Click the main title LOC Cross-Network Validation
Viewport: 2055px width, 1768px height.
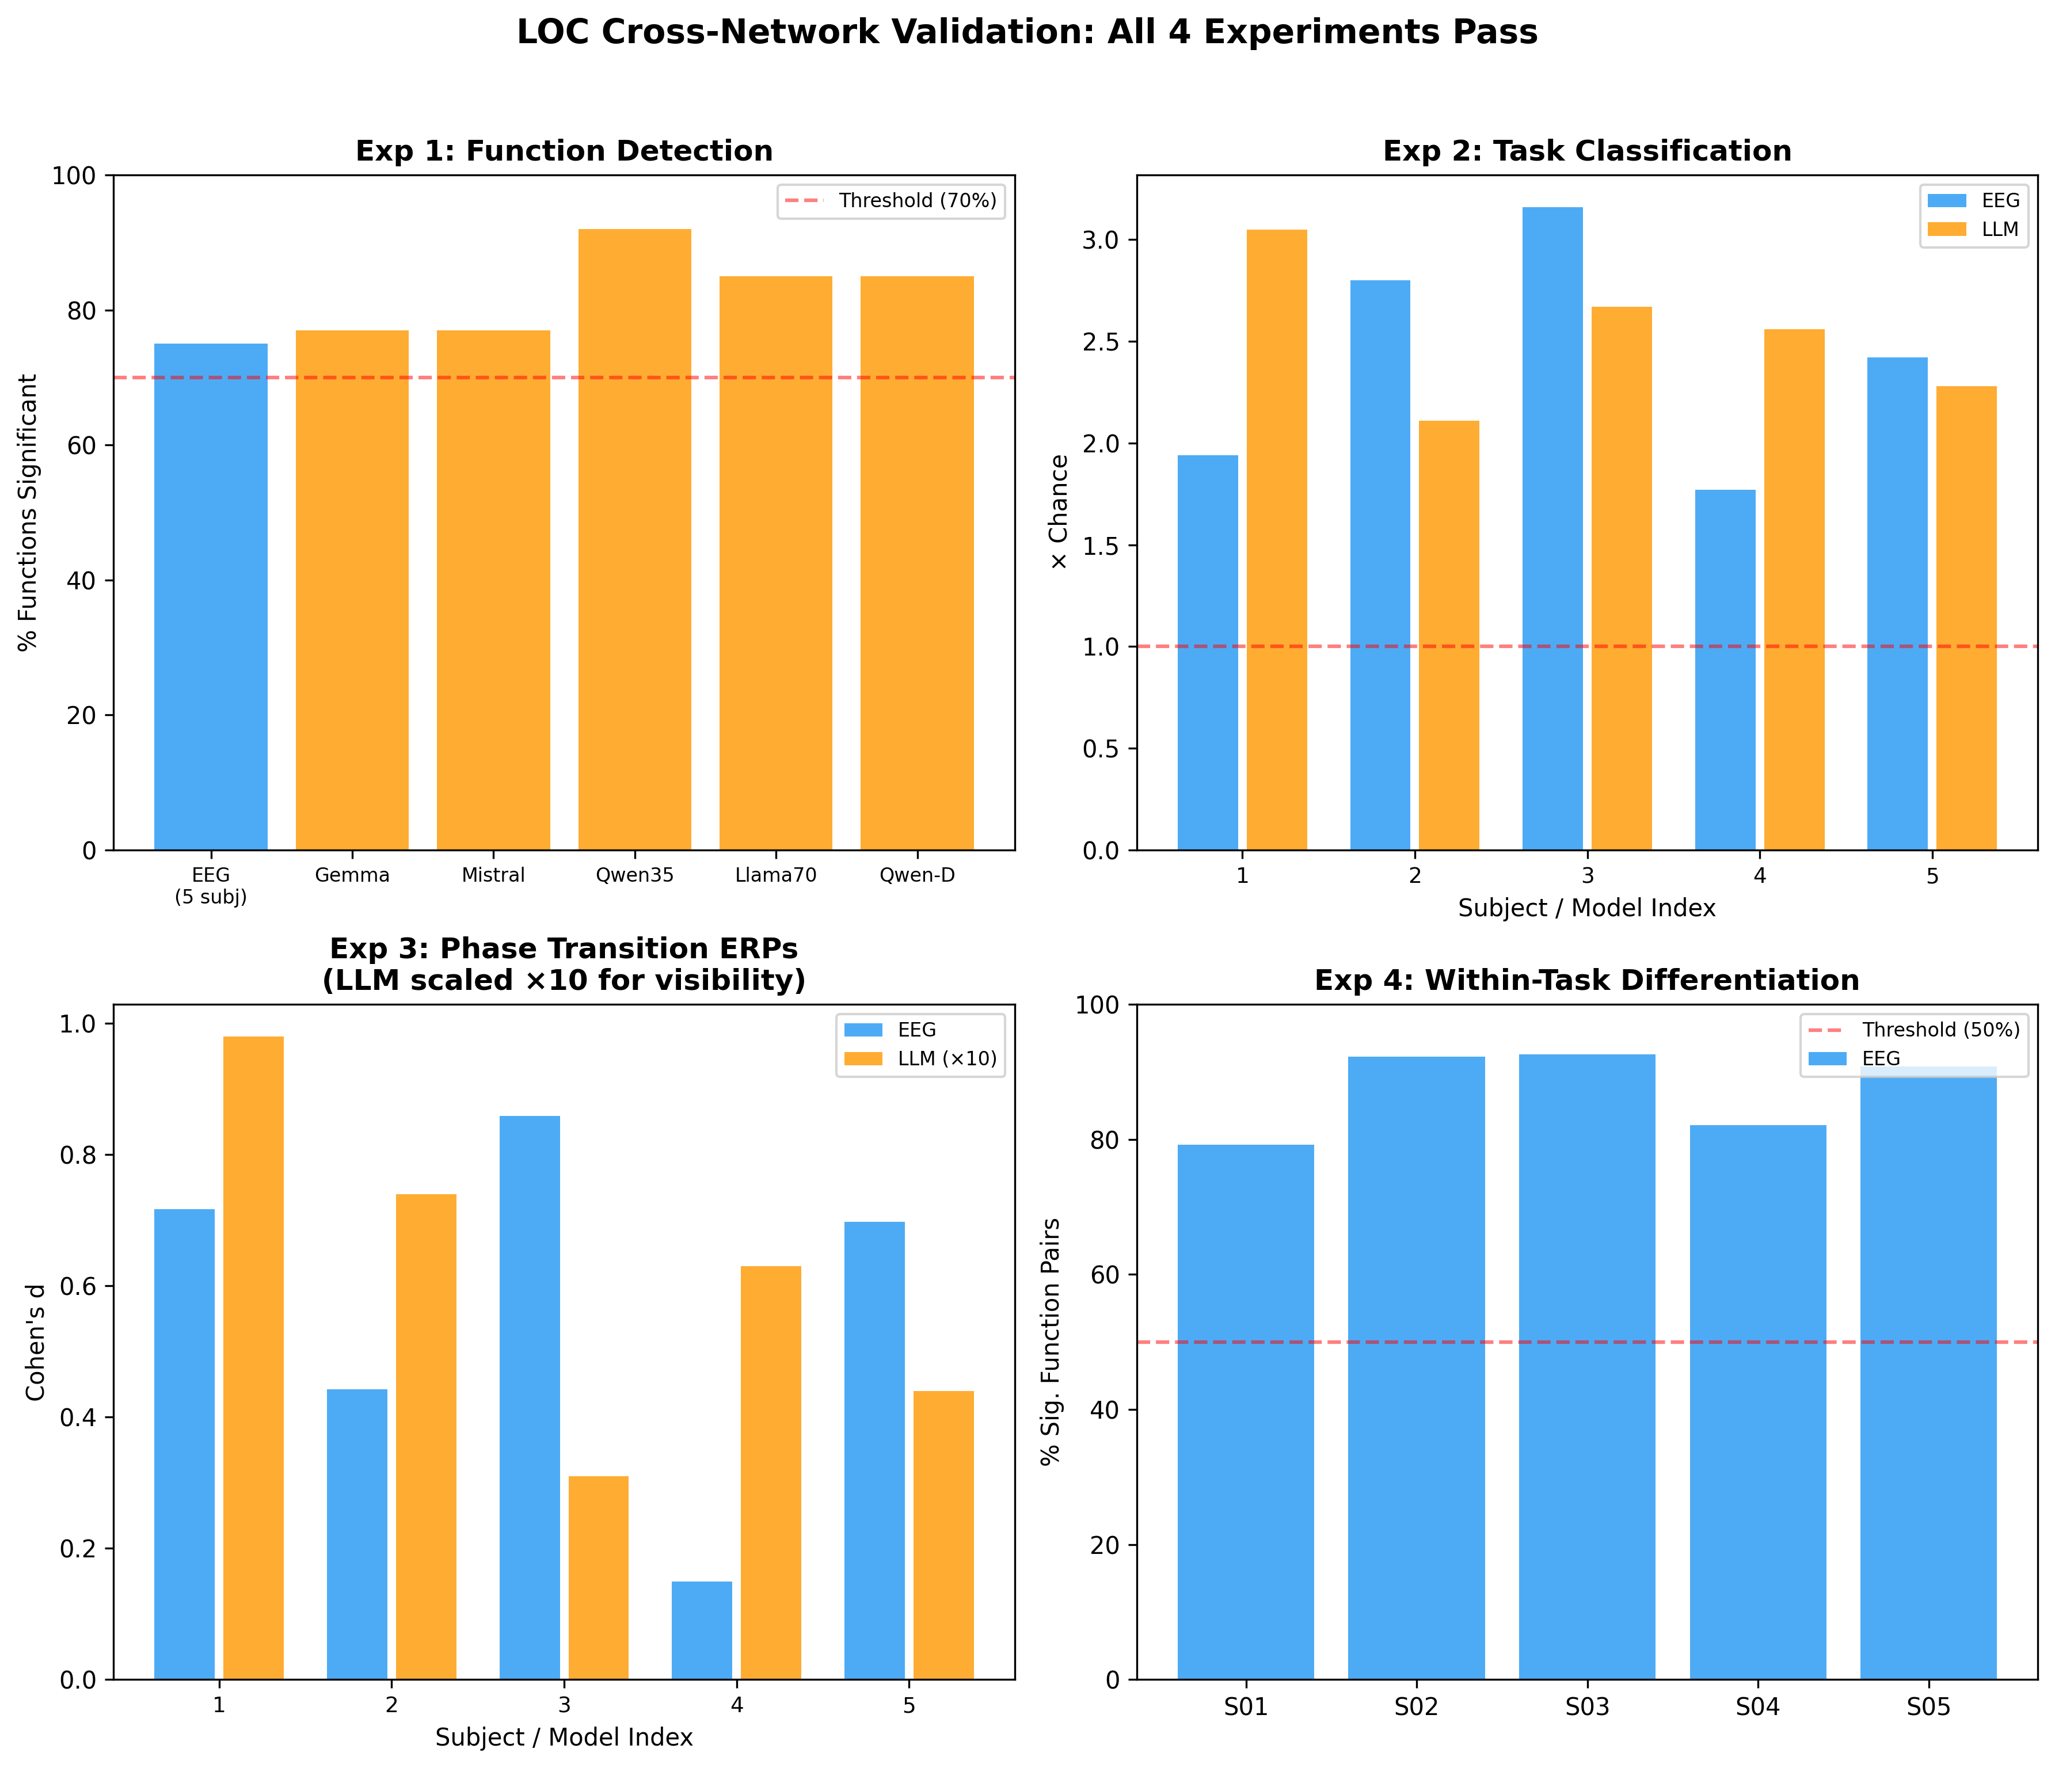[x=1026, y=33]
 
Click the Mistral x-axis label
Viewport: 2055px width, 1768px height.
[x=493, y=875]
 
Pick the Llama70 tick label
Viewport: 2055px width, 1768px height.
[x=775, y=875]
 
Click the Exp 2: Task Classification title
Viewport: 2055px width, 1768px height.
[x=1587, y=152]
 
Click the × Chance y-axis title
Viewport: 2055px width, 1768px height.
[x=1059, y=512]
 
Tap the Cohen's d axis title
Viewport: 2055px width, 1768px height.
[x=37, y=1342]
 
